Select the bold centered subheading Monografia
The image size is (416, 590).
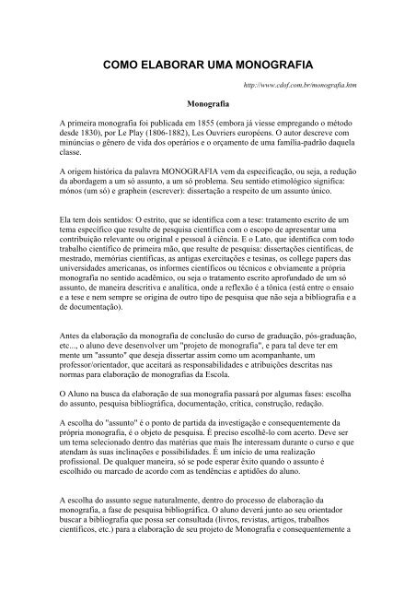coord(207,105)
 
